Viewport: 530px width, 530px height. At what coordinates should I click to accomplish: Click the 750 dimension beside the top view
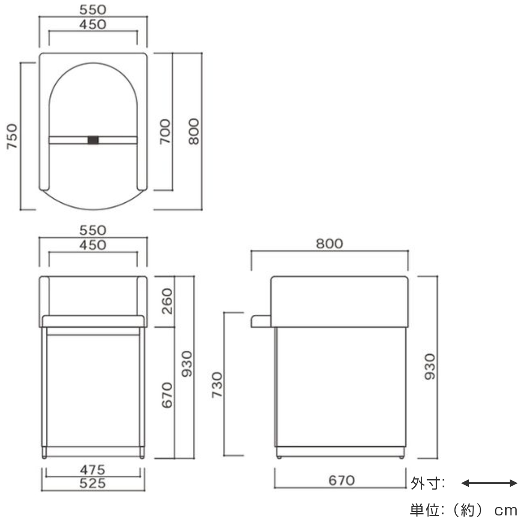12,136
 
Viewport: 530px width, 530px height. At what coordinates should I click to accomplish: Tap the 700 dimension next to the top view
165,132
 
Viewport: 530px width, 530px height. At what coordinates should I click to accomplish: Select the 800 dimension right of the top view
194,132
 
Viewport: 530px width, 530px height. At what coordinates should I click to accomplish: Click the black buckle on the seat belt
93,140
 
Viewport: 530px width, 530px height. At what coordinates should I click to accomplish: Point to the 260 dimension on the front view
167,301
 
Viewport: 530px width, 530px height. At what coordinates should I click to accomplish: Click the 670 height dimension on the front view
167,395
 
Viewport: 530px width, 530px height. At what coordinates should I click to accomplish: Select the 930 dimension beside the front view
187,363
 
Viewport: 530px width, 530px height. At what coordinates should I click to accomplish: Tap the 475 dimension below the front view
93,470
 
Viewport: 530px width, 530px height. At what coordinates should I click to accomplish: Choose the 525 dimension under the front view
93,483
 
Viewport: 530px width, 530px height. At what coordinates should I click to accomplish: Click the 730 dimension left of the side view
217,385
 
